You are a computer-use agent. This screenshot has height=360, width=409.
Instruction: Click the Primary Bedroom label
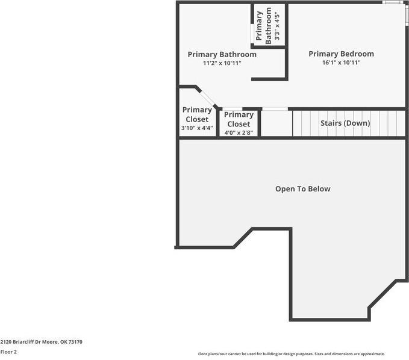click(x=341, y=54)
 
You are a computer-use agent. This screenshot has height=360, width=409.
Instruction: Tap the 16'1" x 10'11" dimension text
click(x=341, y=63)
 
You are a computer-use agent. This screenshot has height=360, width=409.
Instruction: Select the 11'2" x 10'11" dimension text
click(x=222, y=63)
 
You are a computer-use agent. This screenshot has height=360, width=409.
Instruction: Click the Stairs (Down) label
click(x=345, y=123)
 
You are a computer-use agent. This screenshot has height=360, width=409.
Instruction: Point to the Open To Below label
click(x=303, y=189)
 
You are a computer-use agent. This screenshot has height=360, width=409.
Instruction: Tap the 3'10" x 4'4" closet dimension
click(x=197, y=128)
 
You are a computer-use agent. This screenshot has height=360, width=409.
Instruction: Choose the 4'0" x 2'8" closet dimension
click(x=239, y=132)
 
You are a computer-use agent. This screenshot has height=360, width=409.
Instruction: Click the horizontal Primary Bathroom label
click(x=222, y=54)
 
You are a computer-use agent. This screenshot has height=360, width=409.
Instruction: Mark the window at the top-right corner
click(x=393, y=3)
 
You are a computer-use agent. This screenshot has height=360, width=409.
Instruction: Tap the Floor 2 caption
click(x=8, y=352)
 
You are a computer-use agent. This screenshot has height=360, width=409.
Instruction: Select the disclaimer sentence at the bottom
click(x=291, y=354)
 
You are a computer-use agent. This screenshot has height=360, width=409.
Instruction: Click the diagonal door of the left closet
click(x=207, y=97)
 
